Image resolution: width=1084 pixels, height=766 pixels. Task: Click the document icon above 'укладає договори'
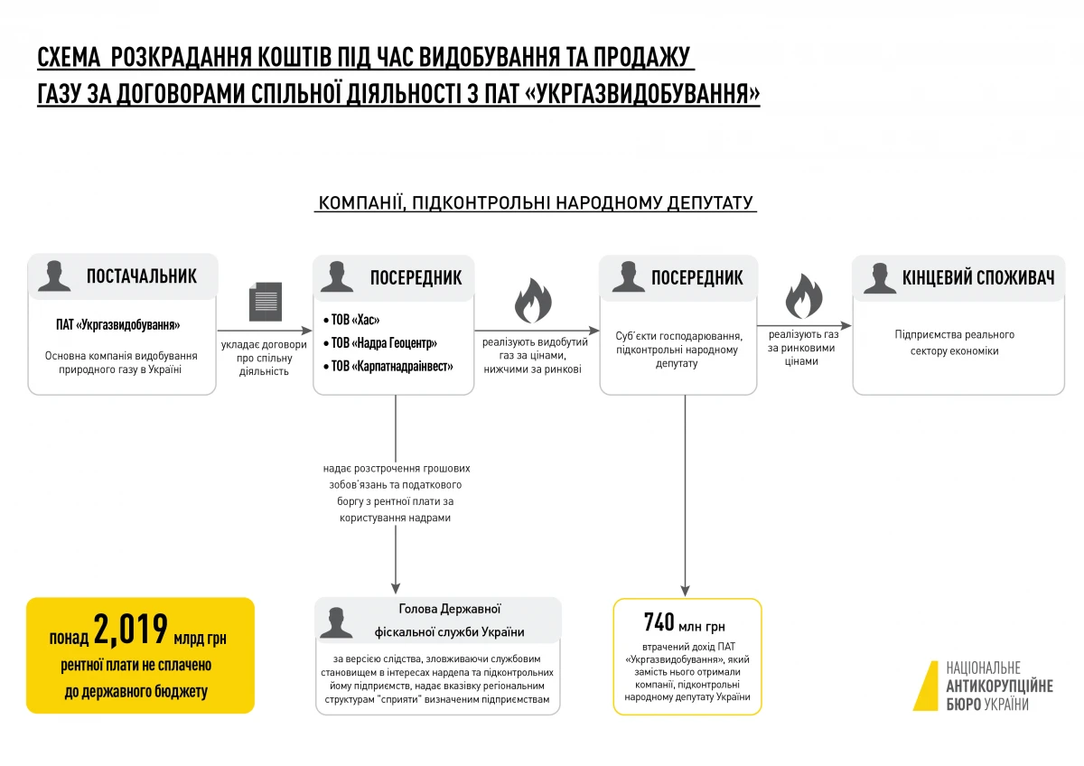pyautogui.click(x=266, y=302)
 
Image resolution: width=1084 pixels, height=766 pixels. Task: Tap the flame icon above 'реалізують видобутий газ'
pyautogui.click(x=533, y=301)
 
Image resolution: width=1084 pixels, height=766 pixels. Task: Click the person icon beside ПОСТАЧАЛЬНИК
pyautogui.click(x=54, y=276)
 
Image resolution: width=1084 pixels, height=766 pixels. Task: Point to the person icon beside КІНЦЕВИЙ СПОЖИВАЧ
pyautogui.click(x=879, y=277)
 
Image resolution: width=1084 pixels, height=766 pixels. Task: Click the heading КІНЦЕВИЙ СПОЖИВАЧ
pyautogui.click(x=977, y=277)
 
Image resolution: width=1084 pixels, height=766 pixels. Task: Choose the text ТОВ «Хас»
pyautogui.click(x=355, y=321)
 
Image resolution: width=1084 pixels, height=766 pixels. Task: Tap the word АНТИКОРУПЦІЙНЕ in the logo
pyautogui.click(x=998, y=687)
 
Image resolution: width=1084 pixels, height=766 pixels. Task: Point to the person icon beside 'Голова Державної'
pyautogui.click(x=336, y=622)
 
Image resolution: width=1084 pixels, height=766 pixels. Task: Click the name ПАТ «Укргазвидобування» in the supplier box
pyautogui.click(x=118, y=325)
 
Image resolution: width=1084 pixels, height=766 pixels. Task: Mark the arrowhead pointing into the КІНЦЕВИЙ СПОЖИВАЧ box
pyautogui.click(x=846, y=325)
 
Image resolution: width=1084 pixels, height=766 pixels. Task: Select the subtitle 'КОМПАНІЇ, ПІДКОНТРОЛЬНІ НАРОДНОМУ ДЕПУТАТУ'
pyautogui.click(x=536, y=202)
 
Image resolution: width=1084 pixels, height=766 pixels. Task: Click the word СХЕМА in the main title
pyautogui.click(x=67, y=60)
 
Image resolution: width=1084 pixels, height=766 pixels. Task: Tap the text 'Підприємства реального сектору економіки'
pyautogui.click(x=954, y=342)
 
